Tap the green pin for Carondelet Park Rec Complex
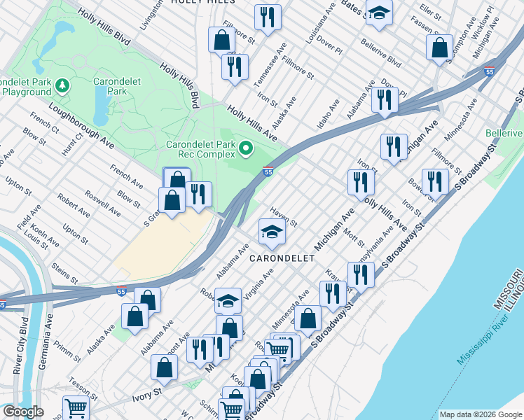pos(246,148)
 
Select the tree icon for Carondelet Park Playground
pos(63,85)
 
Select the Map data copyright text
pos(480,414)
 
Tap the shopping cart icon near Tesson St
pos(76,407)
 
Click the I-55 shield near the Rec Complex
pos(268,171)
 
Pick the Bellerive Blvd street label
pos(380,52)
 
